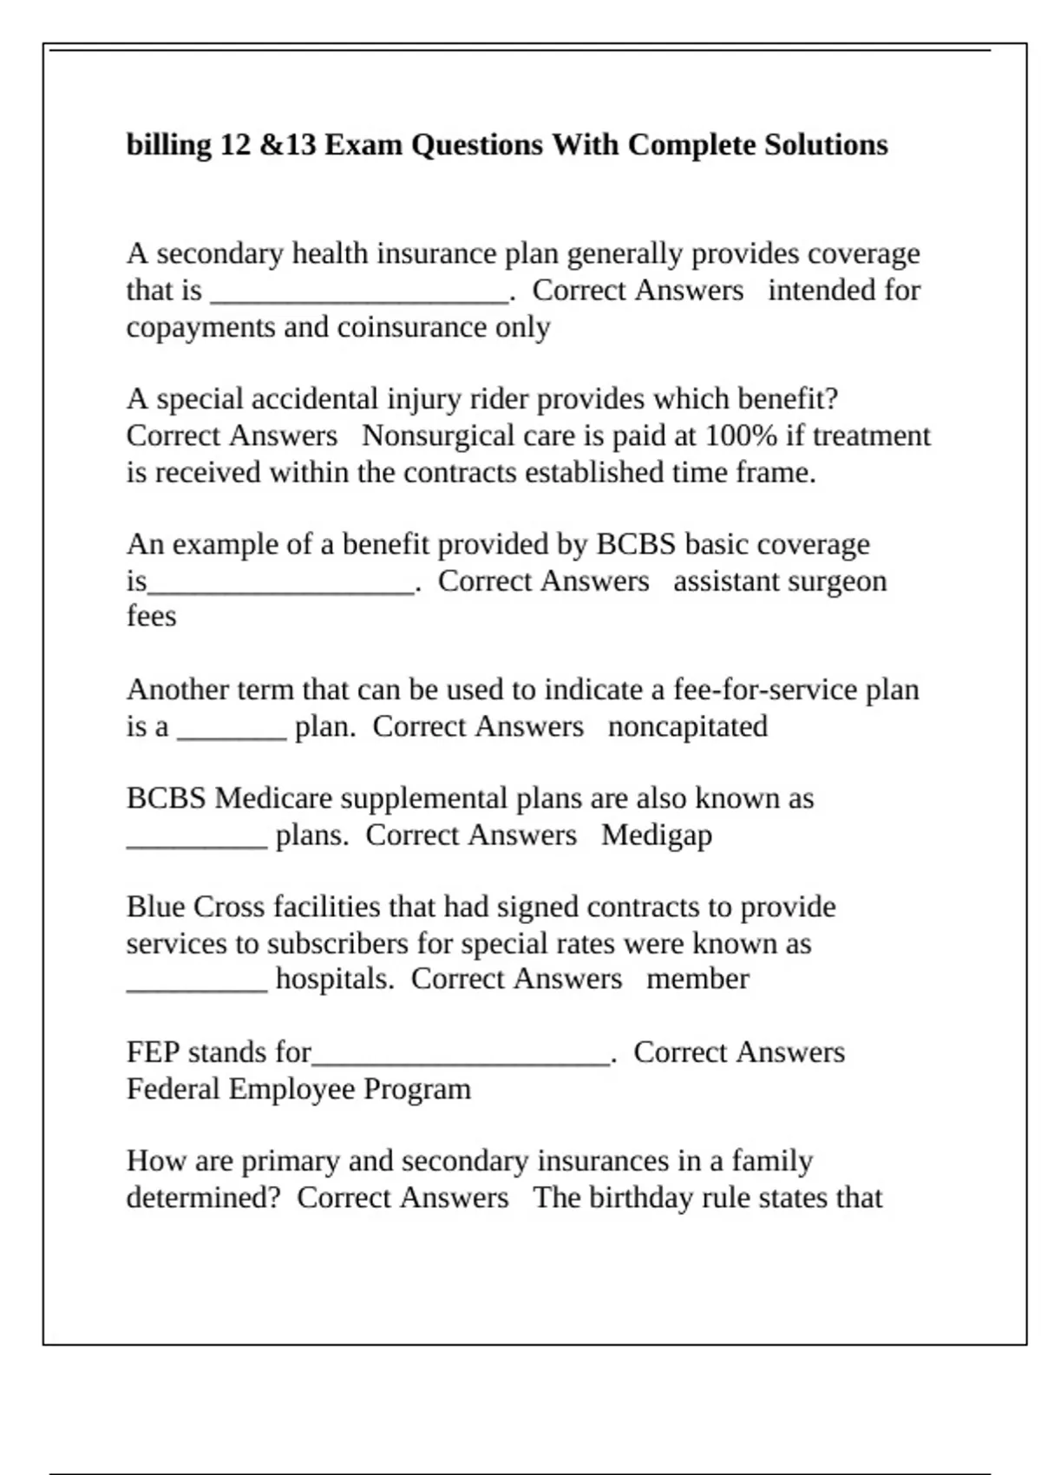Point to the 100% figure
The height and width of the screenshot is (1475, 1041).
tap(741, 436)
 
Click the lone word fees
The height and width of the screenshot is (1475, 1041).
tap(151, 617)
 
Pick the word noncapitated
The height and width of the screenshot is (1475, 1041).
tap(688, 726)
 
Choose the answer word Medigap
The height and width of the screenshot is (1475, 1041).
tap(657, 836)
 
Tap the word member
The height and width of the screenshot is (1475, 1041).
tap(697, 980)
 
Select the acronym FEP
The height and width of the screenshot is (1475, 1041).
tap(153, 1052)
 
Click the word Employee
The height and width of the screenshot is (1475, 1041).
tap(291, 1089)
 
